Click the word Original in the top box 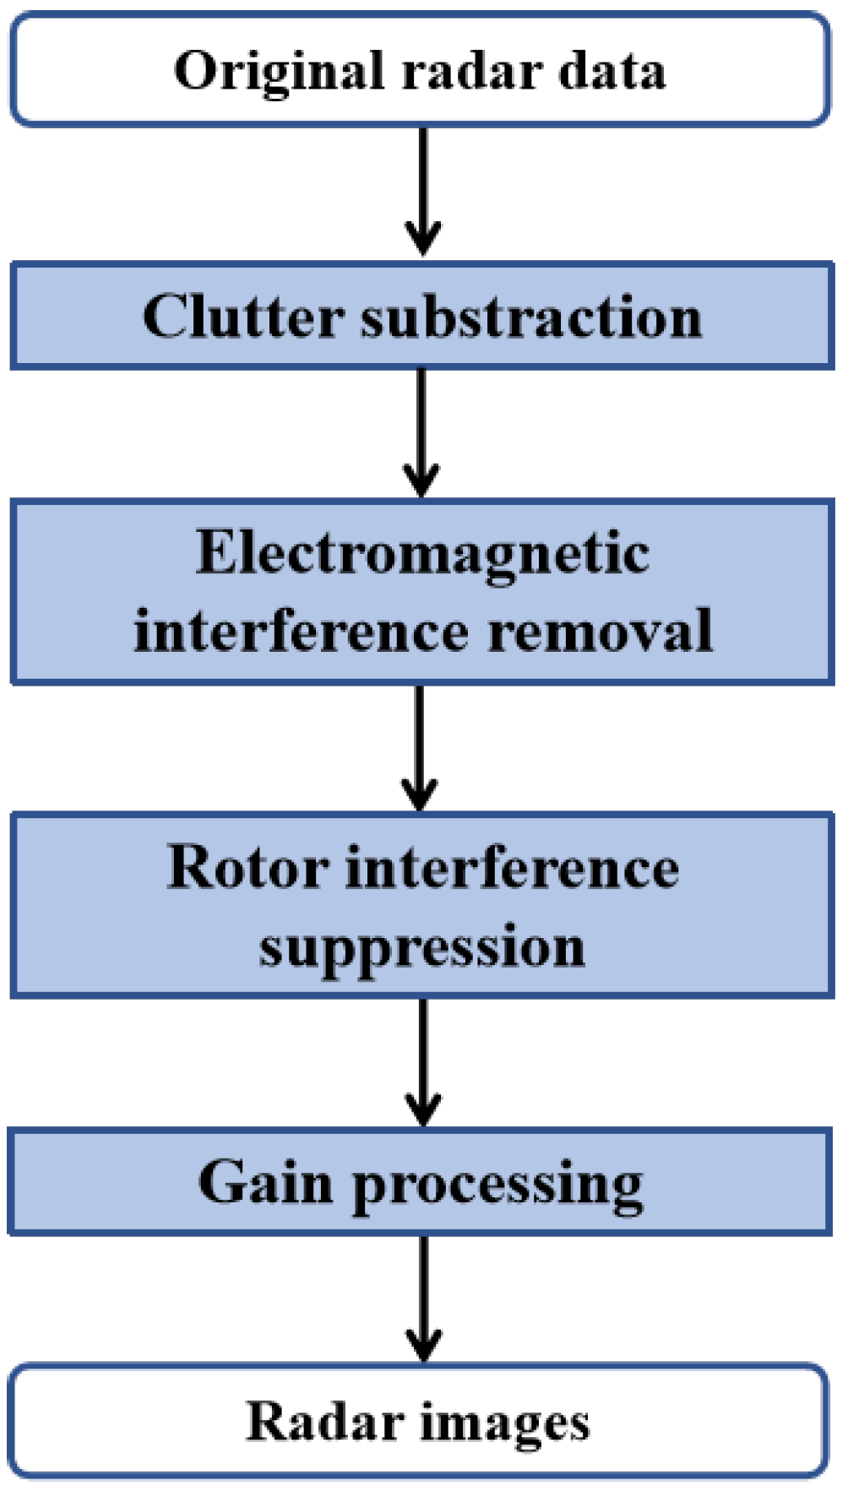coord(278,71)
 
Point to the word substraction coord(531,317)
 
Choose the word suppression coord(422,946)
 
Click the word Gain coord(264,1182)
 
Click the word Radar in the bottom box coord(323,1421)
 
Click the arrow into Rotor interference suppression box coord(420,747)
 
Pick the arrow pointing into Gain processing coord(423,1061)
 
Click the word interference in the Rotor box coord(512,867)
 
